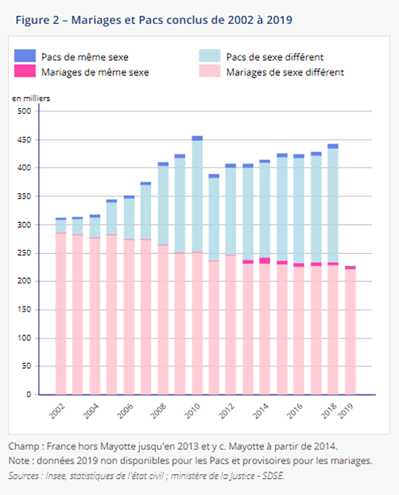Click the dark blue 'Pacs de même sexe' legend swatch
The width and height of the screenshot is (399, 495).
tap(25, 55)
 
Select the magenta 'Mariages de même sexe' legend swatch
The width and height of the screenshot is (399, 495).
tap(25, 71)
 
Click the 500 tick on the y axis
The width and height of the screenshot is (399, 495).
tap(26, 111)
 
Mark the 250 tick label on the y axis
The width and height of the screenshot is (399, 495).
tap(26, 253)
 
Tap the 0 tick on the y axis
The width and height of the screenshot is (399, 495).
tap(30, 395)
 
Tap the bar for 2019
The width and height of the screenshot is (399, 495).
tap(350, 330)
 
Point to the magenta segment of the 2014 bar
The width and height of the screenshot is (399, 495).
tap(265, 261)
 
